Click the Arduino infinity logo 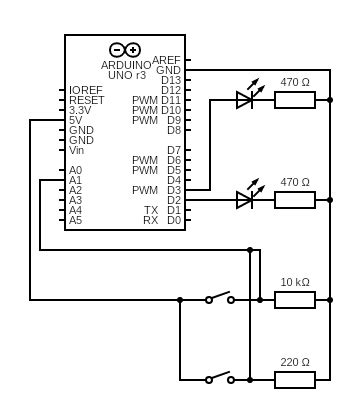125,50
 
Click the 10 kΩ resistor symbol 295,299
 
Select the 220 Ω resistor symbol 295,379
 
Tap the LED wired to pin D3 246,99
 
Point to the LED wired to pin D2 246,199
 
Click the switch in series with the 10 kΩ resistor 219,298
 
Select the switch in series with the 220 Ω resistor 219,378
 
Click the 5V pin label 76,120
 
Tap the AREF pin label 166,60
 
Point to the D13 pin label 171,80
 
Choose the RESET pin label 86,100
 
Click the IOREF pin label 86,90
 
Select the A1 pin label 76,180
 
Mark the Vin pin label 77,150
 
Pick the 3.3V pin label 80,110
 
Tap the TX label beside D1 151,210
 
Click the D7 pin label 174,150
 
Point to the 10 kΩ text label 295,282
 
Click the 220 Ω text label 295,362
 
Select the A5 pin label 76,220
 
